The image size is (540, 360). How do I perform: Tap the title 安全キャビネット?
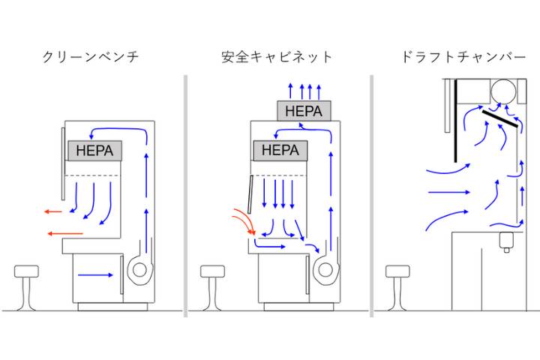(277, 57)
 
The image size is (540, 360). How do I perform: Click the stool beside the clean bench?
(26, 285)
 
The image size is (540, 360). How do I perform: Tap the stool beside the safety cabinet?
(212, 285)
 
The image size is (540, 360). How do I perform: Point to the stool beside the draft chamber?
(397, 285)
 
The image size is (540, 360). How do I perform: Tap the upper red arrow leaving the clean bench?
(53, 212)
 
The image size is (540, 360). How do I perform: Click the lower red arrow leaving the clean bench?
(58, 235)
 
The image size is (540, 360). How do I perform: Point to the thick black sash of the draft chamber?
(455, 120)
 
